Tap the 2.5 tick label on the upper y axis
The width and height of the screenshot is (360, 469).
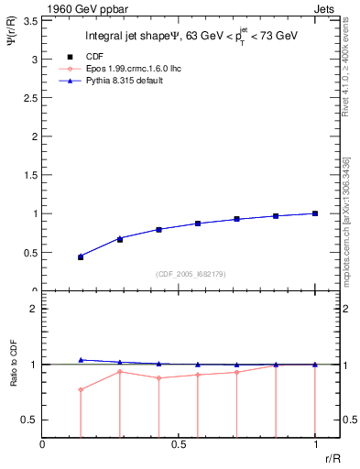pyautogui.click(x=31, y=97)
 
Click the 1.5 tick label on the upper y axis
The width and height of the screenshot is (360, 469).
pyautogui.click(x=31, y=175)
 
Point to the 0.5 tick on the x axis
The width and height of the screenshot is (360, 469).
pyautogui.click(x=178, y=444)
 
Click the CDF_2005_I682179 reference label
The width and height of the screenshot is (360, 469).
pyautogui.click(x=191, y=274)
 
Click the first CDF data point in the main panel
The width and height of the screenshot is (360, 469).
pyautogui.click(x=81, y=256)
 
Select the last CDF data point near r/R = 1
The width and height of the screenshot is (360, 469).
pyautogui.click(x=314, y=213)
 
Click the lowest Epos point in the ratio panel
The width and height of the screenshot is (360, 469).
pyautogui.click(x=81, y=389)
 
